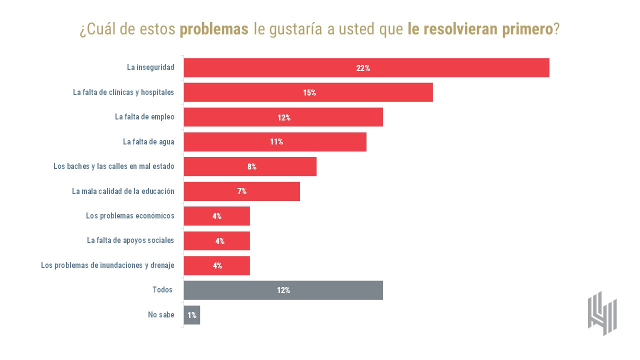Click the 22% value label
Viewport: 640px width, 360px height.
[363, 68]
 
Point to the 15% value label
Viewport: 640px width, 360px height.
[309, 92]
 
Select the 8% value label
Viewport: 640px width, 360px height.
[252, 166]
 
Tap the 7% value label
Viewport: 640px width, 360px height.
[242, 191]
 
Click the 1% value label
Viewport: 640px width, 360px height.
[192, 315]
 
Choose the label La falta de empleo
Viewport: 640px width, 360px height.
[144, 117]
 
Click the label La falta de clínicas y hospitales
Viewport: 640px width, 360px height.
[123, 92]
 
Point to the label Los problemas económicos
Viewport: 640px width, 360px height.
[130, 216]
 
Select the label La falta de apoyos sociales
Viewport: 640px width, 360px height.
[130, 240]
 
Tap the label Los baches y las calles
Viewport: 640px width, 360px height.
[114, 166]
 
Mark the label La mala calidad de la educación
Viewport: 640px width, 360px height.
[123, 191]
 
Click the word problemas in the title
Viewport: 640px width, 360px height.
[214, 29]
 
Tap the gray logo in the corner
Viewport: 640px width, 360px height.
[602, 313]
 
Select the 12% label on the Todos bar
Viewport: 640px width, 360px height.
[283, 290]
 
